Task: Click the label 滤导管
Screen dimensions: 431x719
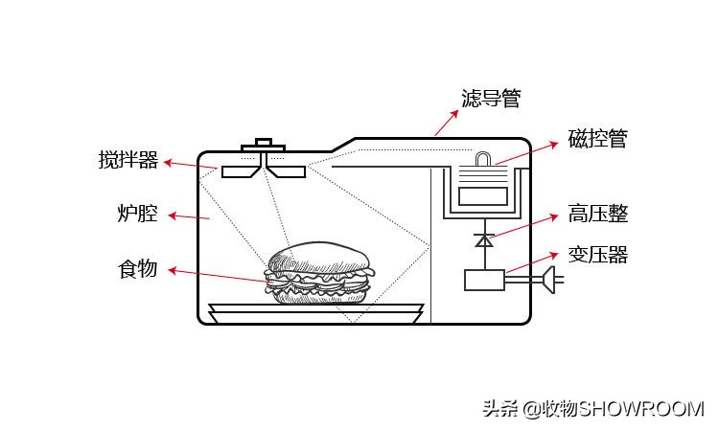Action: point(490,99)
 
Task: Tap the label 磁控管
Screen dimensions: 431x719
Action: point(597,139)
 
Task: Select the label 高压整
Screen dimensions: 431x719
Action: point(597,214)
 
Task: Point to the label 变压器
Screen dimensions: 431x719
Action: point(597,255)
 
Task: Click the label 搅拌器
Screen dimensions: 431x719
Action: point(128,160)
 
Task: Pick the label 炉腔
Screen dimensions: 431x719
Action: point(137,214)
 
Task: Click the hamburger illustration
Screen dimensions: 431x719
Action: point(319,275)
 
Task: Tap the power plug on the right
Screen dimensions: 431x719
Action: point(550,280)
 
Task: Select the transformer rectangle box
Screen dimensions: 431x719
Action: point(484,280)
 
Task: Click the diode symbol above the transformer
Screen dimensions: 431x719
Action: point(484,240)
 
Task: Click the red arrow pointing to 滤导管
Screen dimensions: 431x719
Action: point(445,122)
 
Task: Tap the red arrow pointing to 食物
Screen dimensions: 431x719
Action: point(220,276)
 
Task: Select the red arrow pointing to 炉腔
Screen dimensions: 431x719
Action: point(188,216)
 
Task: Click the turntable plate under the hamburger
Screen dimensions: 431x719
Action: point(315,311)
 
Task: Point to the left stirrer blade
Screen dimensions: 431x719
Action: point(241,171)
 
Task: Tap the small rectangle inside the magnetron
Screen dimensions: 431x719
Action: point(483,196)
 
